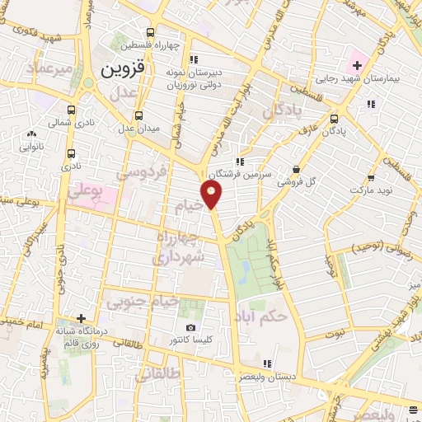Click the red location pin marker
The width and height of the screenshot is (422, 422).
(x=212, y=194)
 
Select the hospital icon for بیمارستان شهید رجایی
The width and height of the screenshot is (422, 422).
(x=356, y=63)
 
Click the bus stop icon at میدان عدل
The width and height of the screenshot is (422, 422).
(x=138, y=115)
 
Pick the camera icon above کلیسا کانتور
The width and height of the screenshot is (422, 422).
(x=191, y=328)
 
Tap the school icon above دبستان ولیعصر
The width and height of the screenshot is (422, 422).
(x=265, y=363)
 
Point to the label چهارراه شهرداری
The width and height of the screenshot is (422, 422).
(x=178, y=248)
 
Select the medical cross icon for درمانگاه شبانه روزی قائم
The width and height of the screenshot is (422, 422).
(x=81, y=318)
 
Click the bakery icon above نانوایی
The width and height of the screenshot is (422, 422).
(x=32, y=134)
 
